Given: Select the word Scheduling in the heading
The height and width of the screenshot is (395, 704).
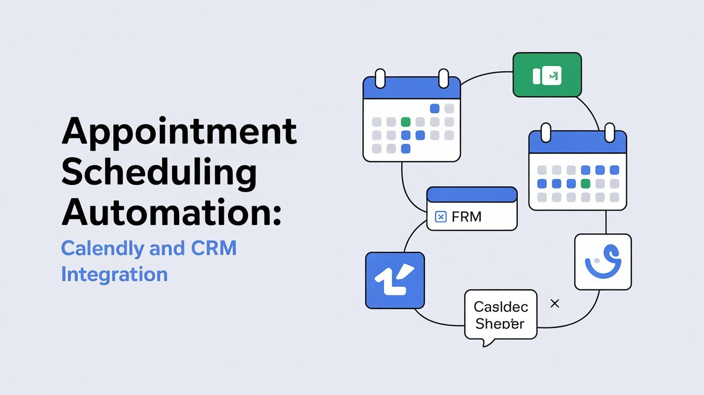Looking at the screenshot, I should click(158, 171).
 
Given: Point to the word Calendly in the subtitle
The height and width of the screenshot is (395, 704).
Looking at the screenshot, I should click(102, 248).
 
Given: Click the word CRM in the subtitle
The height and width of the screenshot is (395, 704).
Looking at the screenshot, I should click(213, 248).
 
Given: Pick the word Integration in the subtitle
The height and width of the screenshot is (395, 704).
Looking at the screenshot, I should click(114, 274).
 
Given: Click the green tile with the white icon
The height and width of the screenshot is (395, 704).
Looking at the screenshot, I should click(547, 75).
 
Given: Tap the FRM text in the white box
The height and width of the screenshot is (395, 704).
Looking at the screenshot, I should click(466, 217).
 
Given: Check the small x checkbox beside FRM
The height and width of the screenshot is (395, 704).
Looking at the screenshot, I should click(440, 217).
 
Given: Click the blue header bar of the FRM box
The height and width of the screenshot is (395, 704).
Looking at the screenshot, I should click(472, 194).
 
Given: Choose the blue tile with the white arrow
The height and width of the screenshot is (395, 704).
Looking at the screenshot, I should click(395, 280).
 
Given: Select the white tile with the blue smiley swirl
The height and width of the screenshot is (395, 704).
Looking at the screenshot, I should click(603, 261).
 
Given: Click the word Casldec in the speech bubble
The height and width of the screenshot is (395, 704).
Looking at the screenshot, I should click(501, 307).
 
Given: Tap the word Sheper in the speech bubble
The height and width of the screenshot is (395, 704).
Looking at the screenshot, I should click(500, 324).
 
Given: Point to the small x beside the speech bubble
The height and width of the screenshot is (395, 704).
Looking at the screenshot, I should click(555, 304).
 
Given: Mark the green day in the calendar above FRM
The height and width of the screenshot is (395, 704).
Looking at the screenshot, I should click(406, 121).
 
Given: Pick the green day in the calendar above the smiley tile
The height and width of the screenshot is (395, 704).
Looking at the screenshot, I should click(585, 184).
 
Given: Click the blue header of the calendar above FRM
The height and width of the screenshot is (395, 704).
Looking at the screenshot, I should click(412, 89).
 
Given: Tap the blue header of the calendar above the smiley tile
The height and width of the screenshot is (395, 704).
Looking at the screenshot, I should click(577, 142).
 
